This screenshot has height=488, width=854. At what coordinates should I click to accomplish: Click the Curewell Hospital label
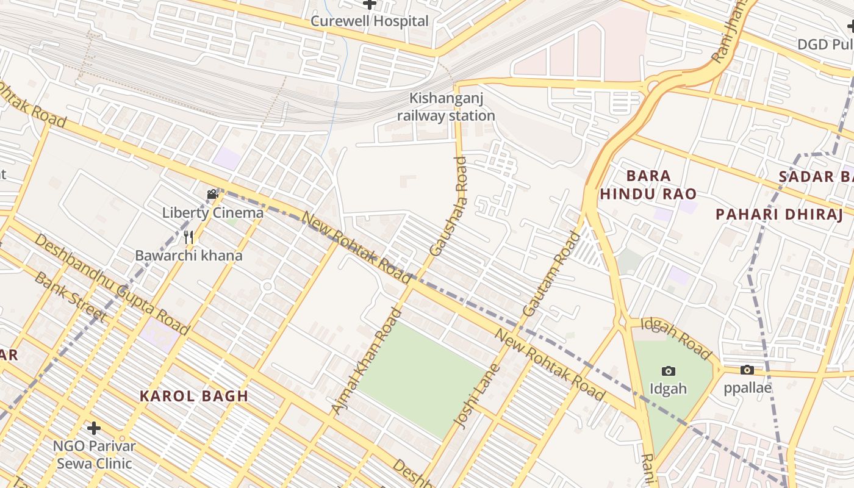(x=370, y=21)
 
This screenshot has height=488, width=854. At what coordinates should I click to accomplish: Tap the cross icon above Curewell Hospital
(x=370, y=5)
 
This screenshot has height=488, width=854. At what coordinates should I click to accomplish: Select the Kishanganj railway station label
(x=446, y=107)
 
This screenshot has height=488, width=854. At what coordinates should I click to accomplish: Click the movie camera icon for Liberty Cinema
(x=212, y=195)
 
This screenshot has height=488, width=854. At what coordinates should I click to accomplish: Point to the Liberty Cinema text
(x=212, y=213)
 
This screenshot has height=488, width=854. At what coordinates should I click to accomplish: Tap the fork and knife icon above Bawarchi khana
(x=189, y=237)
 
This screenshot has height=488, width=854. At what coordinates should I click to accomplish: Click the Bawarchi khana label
(x=189, y=255)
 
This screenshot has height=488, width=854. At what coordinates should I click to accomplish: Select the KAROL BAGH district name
(x=194, y=396)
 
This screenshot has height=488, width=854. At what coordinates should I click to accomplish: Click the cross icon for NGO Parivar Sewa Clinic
(x=93, y=428)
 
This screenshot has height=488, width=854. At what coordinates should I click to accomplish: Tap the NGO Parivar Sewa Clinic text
(x=94, y=454)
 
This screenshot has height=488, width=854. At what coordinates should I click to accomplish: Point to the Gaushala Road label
(x=448, y=206)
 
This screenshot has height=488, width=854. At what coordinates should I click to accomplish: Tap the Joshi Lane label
(x=477, y=395)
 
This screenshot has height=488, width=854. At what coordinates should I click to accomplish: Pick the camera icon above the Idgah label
(x=669, y=370)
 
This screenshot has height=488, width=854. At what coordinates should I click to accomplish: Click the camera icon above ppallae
(x=747, y=370)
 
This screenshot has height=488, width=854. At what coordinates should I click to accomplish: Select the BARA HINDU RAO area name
(x=648, y=185)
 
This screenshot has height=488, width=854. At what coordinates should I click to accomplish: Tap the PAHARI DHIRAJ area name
(x=779, y=215)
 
